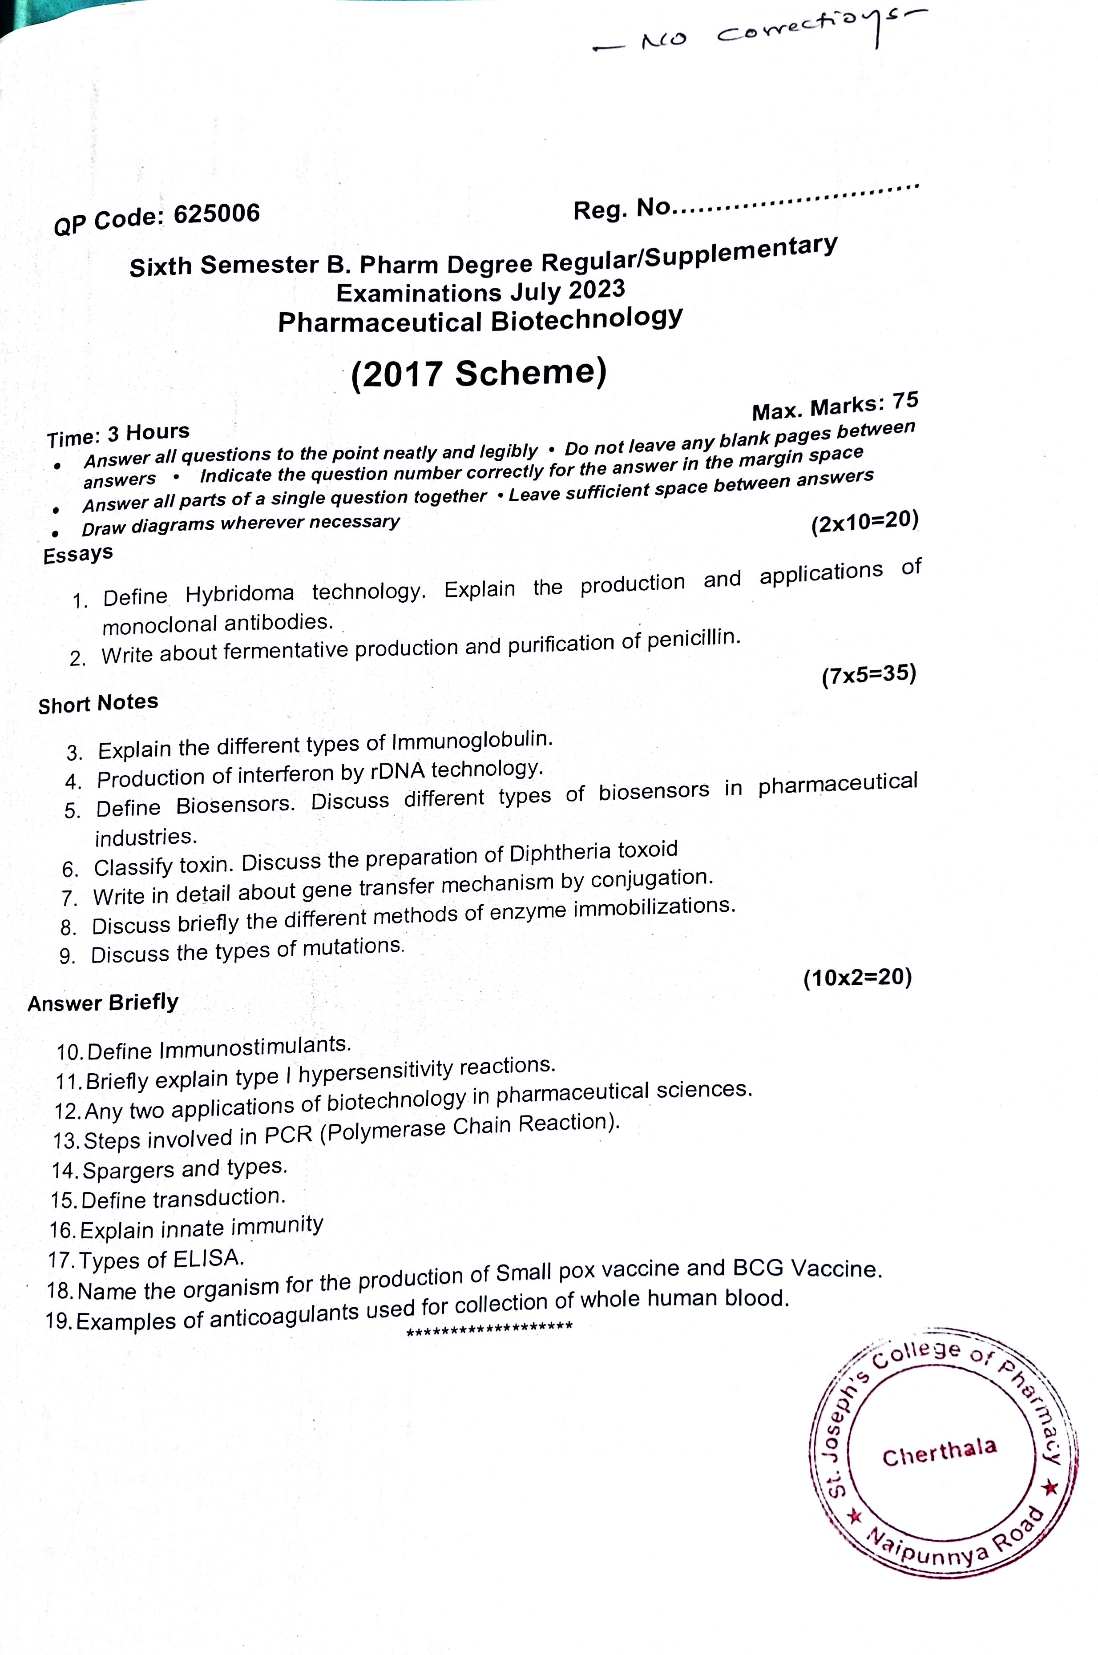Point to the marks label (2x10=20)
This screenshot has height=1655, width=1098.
[864, 522]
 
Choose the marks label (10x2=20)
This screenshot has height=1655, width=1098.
[857, 977]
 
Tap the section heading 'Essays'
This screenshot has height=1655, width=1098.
[78, 554]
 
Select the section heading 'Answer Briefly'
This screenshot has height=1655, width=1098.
[103, 1003]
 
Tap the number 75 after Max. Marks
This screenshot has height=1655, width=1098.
[905, 400]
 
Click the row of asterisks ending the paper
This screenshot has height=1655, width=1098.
[489, 1327]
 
